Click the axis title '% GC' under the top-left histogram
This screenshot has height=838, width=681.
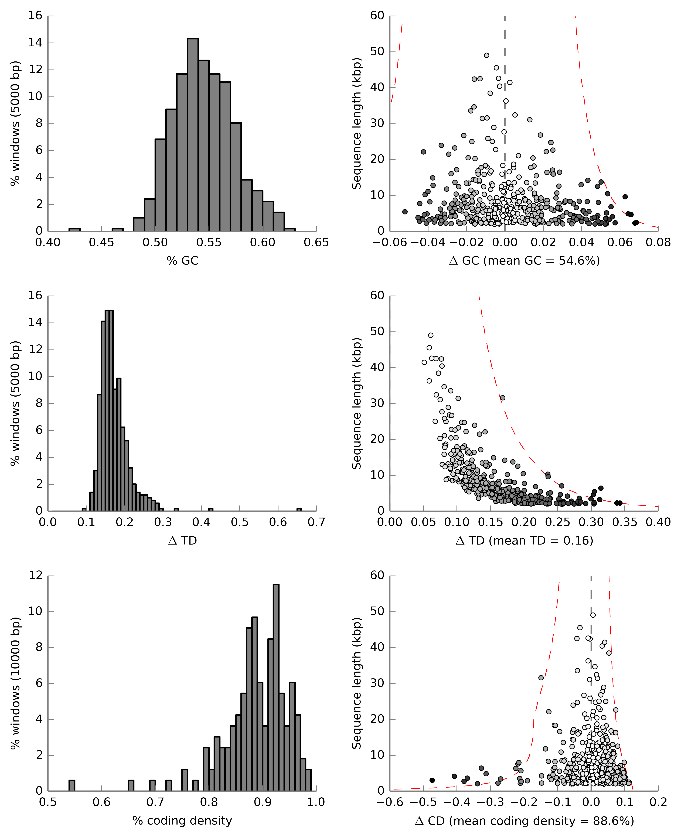pos(182,261)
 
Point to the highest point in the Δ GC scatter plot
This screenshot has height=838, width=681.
pos(486,55)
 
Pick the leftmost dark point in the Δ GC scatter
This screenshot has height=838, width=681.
pos(405,212)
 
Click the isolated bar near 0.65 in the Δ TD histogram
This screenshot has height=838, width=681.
pos(299,510)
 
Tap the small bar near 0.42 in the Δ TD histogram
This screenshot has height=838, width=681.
pos(211,510)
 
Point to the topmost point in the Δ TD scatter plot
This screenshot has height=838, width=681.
pos(431,335)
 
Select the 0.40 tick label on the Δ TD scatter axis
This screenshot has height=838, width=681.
pos(658,522)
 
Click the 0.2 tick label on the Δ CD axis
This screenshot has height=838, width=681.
pos(658,802)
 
